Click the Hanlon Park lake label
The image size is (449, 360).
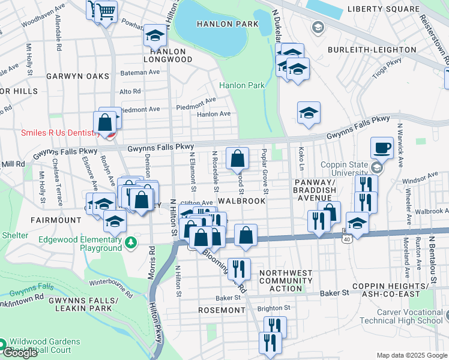point(230,24)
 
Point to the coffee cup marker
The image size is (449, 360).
point(382,148)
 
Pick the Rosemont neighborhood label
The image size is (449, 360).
point(221,311)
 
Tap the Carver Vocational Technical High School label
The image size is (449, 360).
point(410,316)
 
